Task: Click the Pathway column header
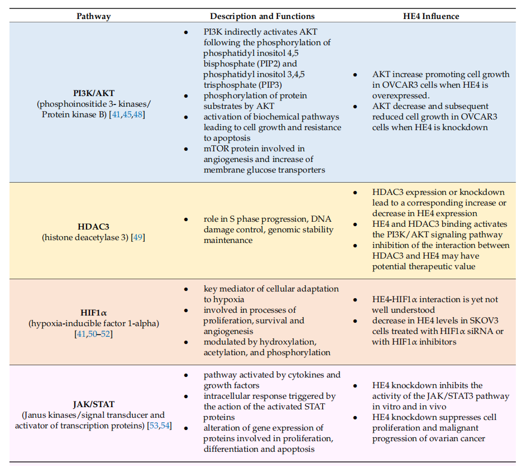(93, 16)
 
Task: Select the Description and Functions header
(262, 16)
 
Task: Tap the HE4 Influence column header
(431, 16)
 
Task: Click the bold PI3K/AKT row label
(93, 93)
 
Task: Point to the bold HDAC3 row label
(93, 226)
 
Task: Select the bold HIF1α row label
(93, 312)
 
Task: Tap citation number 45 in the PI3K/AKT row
(126, 115)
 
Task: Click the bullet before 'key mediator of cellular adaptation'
(186, 289)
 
